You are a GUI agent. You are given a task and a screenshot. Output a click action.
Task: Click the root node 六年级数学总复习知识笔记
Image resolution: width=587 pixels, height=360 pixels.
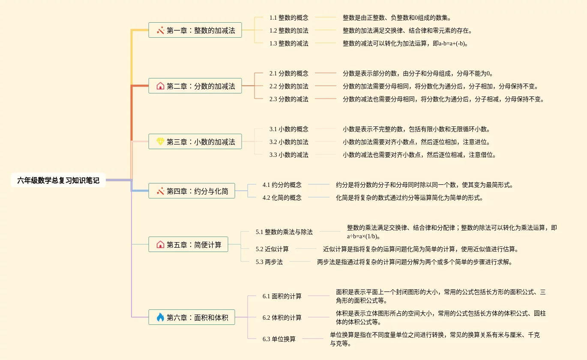58,180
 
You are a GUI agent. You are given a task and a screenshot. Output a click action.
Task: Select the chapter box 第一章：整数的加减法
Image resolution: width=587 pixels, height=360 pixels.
195,30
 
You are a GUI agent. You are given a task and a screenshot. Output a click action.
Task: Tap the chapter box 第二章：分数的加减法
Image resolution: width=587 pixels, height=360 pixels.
195,86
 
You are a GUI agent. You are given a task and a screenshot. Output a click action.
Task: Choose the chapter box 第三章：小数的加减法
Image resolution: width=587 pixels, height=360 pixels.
195,142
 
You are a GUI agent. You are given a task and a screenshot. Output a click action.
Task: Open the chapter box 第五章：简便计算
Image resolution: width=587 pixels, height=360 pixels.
188,245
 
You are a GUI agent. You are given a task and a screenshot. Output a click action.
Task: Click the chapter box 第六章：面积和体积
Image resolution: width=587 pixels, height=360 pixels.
192,318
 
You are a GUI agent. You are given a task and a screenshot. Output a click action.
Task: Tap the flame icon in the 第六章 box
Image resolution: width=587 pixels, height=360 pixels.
160,318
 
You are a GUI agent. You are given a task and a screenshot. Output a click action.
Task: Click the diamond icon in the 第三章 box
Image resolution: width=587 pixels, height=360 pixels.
160,141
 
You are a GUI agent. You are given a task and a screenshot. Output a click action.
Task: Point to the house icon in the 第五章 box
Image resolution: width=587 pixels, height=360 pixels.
160,245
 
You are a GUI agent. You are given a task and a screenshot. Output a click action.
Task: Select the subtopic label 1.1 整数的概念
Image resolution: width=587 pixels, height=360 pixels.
289,18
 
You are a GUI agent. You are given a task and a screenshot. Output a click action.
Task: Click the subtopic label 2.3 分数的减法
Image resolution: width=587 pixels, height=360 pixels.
289,99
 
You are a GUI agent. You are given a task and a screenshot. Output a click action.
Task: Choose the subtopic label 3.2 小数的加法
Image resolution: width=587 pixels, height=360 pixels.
289,142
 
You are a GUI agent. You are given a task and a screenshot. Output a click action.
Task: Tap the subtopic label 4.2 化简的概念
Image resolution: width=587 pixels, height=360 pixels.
282,198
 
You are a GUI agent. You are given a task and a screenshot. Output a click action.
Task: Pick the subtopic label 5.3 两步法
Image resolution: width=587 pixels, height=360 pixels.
269,262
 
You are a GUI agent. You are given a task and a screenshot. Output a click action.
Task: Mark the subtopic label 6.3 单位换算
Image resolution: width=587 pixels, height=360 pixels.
279,339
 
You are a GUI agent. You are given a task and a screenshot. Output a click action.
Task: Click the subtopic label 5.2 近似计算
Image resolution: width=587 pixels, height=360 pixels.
272,249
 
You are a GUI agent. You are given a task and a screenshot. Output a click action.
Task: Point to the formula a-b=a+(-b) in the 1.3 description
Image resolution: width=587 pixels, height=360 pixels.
452,43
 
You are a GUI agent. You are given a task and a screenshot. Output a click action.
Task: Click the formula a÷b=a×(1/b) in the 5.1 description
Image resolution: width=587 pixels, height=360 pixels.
363,236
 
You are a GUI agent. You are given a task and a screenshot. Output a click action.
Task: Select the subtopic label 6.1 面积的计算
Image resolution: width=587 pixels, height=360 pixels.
282,296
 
